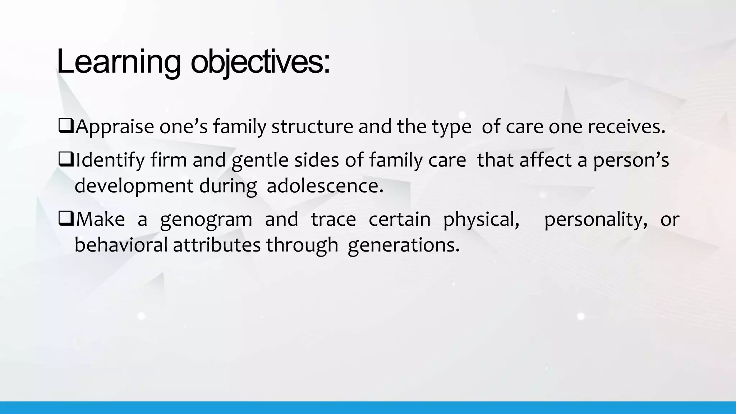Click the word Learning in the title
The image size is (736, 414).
(119, 62)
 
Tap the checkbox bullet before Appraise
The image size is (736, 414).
(66, 127)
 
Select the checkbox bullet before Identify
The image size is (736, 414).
(66, 160)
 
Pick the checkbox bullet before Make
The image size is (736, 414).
(66, 219)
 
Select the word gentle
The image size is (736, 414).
(260, 160)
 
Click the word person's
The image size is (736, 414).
(631, 160)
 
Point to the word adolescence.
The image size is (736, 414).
(325, 186)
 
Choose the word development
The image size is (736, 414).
(134, 186)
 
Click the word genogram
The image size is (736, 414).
(206, 219)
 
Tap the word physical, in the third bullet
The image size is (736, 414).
(481, 219)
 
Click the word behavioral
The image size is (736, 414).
(121, 245)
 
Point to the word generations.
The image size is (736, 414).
(404, 245)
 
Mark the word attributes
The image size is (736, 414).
(217, 245)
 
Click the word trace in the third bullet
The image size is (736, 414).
(333, 219)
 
